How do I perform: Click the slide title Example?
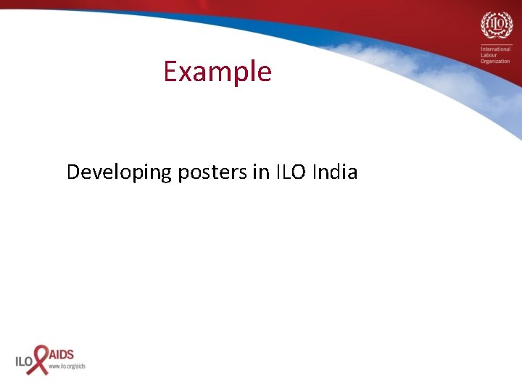217,72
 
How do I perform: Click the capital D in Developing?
73,172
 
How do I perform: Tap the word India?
335,172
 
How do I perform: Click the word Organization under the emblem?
495,62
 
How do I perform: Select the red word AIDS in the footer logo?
61,356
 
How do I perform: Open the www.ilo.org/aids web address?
67,366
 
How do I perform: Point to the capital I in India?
314,172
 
